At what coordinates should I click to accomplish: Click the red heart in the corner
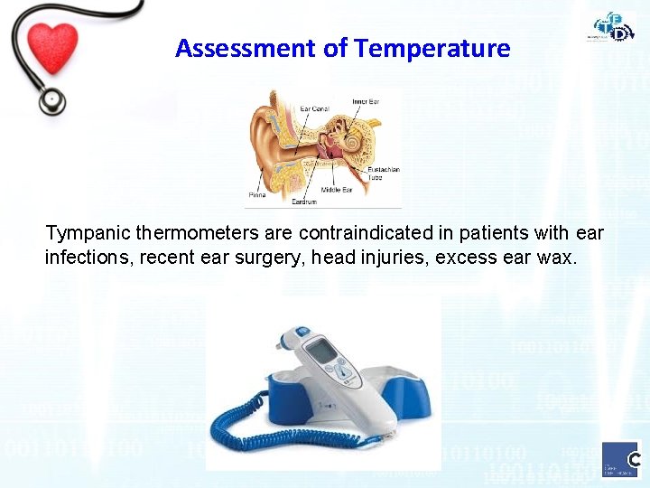click(53, 47)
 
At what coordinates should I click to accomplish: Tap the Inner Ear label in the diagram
click(366, 101)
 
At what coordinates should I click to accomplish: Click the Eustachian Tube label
click(383, 174)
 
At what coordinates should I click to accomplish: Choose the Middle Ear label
click(336, 191)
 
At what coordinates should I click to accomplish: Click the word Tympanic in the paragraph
click(82, 234)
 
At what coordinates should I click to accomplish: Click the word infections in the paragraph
click(88, 258)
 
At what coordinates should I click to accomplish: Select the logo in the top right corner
click(613, 26)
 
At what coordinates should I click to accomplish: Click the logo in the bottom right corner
click(620, 459)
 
